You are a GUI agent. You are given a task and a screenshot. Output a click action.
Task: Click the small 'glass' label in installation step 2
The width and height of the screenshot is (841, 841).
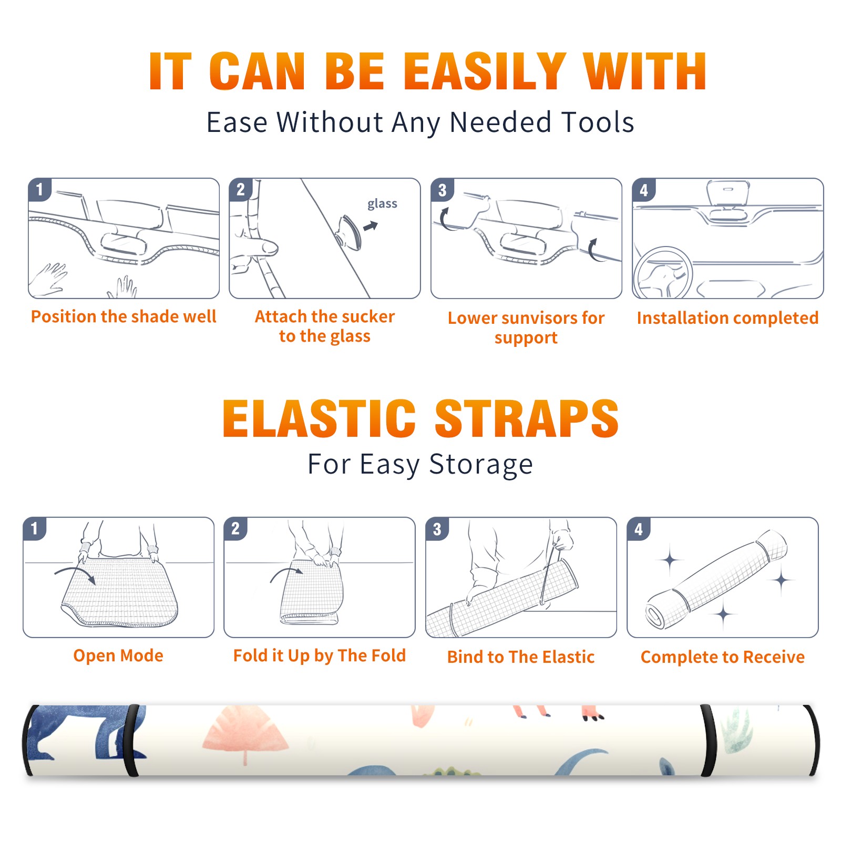(382, 203)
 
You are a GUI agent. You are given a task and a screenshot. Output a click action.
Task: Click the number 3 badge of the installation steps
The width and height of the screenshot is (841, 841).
(442, 190)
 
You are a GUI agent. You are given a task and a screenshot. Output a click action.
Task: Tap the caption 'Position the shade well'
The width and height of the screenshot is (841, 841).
(124, 316)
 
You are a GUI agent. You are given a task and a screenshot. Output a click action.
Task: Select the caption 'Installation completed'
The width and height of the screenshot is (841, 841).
(727, 317)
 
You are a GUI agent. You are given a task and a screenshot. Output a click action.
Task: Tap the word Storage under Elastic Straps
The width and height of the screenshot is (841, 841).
(481, 465)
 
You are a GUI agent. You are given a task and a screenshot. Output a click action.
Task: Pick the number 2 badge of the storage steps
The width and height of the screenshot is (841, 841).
(235, 529)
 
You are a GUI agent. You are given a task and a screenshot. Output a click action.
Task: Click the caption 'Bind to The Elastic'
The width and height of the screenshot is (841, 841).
(521, 657)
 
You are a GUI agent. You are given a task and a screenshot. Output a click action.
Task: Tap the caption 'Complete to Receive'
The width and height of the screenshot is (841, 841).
(723, 657)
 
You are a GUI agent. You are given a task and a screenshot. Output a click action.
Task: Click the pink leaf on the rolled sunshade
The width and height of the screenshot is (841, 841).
(245, 734)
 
